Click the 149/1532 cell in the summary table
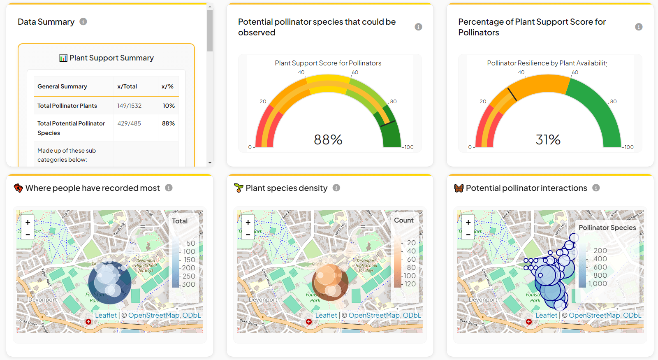129,106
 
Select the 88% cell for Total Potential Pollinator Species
168,123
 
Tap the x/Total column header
127,86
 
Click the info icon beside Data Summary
83,22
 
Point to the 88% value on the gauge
328,140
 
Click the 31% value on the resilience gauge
548,140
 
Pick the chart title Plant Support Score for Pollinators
328,63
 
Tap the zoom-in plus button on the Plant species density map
248,222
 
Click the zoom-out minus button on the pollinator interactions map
468,235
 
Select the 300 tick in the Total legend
188,284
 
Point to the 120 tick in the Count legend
410,284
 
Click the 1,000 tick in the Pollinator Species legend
598,283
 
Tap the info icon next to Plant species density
336,188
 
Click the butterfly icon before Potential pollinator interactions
459,188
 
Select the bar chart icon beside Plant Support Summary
63,58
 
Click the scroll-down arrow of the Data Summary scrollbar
210,163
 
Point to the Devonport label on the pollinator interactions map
483,300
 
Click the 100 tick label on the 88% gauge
409,147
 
